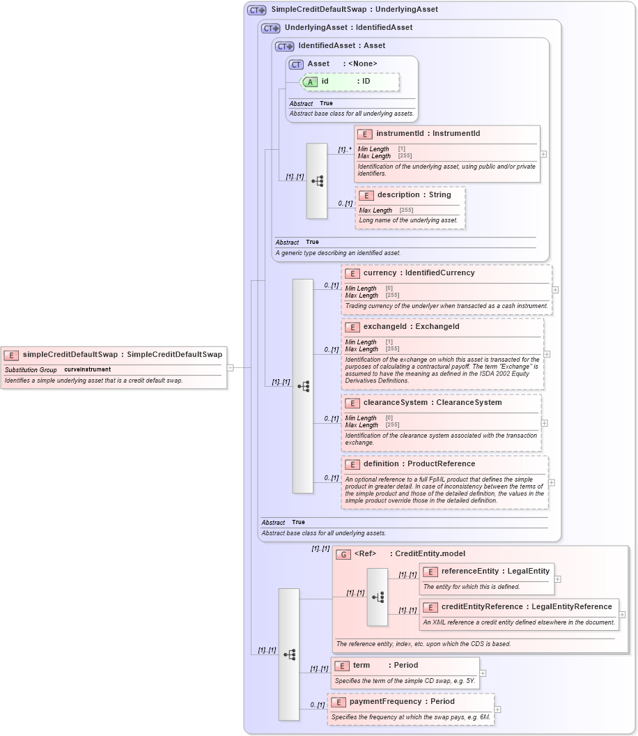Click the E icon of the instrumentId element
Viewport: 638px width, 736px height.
[365, 134]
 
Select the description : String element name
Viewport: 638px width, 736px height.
[414, 195]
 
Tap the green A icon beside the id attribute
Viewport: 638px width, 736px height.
[310, 82]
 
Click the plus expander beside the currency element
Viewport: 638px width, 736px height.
[555, 289]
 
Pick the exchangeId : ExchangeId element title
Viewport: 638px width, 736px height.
[411, 327]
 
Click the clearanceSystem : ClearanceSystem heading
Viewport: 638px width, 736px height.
[432, 403]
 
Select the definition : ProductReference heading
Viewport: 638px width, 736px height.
[419, 464]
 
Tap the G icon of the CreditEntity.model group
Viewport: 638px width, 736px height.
[343, 555]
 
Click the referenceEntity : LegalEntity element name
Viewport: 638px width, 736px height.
[495, 572]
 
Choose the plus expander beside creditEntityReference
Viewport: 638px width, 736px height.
[622, 615]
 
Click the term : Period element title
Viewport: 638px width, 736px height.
[385, 666]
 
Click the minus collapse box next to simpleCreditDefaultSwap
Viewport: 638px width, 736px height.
[230, 367]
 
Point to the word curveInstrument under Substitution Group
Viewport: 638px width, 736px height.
[87, 369]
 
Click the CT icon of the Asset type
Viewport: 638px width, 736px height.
[296, 64]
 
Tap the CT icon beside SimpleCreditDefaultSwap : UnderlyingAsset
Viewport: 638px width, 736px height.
[257, 10]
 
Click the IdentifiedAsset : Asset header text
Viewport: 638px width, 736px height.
[341, 46]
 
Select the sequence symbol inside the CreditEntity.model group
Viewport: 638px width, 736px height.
[378, 597]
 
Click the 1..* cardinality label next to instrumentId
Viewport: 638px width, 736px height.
[345, 149]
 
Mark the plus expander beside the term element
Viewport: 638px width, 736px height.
[483, 673]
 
